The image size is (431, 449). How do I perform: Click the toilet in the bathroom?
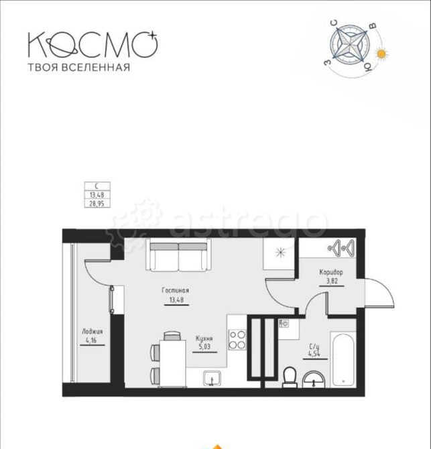tap(290, 377)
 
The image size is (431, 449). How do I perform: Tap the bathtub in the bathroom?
tap(343, 360)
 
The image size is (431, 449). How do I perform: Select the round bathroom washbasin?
tap(314, 380)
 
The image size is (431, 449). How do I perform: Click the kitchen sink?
tap(212, 378)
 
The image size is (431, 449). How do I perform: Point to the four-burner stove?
tap(237, 340)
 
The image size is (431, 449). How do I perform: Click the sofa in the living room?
tap(179, 255)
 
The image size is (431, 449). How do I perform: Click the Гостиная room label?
tap(175, 290)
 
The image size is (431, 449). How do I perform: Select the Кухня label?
tap(204, 338)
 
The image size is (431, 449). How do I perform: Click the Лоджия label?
tap(93, 332)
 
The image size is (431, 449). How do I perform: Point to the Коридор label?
tap(331, 272)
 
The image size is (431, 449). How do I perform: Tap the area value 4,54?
tap(314, 354)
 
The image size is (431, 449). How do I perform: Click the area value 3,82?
tap(332, 281)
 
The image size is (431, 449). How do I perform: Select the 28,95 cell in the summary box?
tap(97, 204)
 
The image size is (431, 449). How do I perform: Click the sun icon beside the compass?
tap(381, 54)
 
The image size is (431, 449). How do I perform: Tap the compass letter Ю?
tap(367, 67)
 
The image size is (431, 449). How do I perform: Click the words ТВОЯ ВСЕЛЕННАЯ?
tap(79, 67)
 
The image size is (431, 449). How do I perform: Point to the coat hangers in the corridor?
tap(343, 248)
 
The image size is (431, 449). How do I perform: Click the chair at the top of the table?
tap(172, 336)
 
